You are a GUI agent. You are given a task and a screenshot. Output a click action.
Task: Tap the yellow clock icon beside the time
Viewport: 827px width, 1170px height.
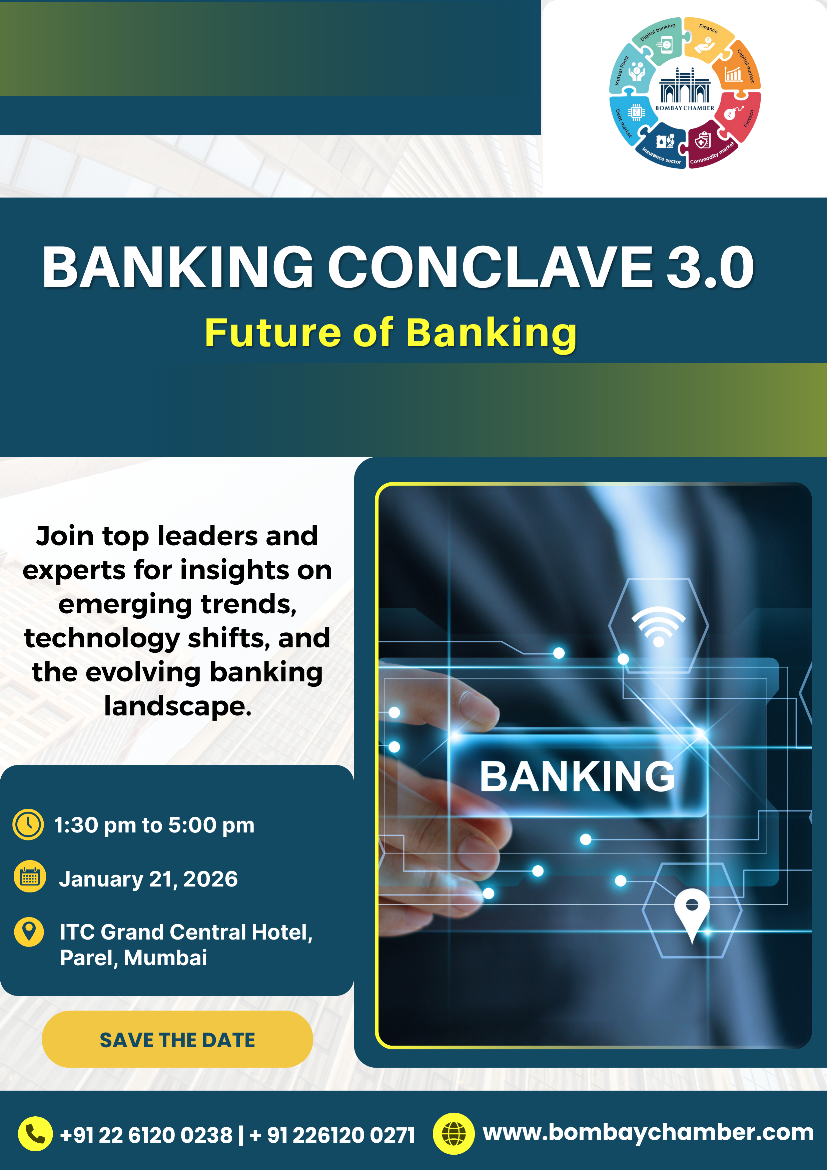28,824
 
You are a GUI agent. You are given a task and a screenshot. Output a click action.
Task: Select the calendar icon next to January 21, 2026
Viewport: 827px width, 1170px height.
30,876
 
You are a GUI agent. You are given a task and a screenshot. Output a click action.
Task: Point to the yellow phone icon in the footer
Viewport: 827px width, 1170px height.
35,1134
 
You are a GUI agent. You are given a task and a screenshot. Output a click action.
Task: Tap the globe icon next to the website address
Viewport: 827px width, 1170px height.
454,1134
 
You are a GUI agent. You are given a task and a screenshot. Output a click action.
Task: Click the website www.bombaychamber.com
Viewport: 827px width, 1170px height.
648,1132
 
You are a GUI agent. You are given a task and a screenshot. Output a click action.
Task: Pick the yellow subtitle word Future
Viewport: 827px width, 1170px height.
272,333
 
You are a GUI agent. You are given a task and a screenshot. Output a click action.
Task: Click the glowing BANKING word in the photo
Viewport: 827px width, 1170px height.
577,776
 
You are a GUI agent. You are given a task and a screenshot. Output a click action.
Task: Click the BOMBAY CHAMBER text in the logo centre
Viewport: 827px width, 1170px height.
685,108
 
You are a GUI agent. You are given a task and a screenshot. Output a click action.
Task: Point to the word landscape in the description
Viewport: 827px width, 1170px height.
178,707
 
